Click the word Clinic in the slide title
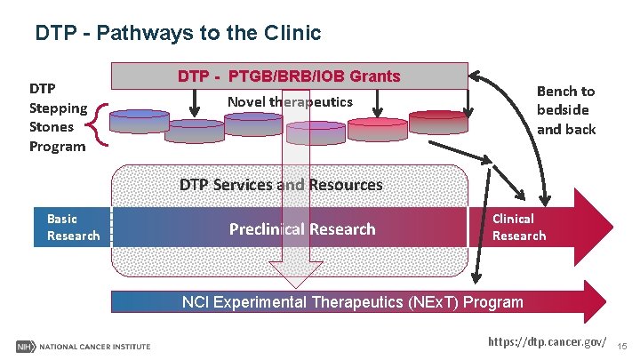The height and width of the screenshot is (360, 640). pos(291,34)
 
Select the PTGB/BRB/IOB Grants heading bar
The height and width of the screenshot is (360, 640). pos(289,76)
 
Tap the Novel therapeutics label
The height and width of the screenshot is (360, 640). pos(290,101)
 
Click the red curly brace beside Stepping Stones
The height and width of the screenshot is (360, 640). pos(100,125)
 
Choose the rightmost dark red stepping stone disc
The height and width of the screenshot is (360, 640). pos(438,121)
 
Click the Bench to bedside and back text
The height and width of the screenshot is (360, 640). pos(565,109)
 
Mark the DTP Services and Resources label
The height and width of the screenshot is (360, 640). pos(281,185)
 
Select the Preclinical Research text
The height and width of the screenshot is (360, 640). pos(302,228)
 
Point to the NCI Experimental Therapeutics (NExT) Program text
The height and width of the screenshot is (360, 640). pos(352,301)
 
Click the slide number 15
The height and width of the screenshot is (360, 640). pos(623,344)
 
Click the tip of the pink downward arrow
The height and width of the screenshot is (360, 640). pos(303,283)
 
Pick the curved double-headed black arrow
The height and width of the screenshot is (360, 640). pos(524,124)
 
